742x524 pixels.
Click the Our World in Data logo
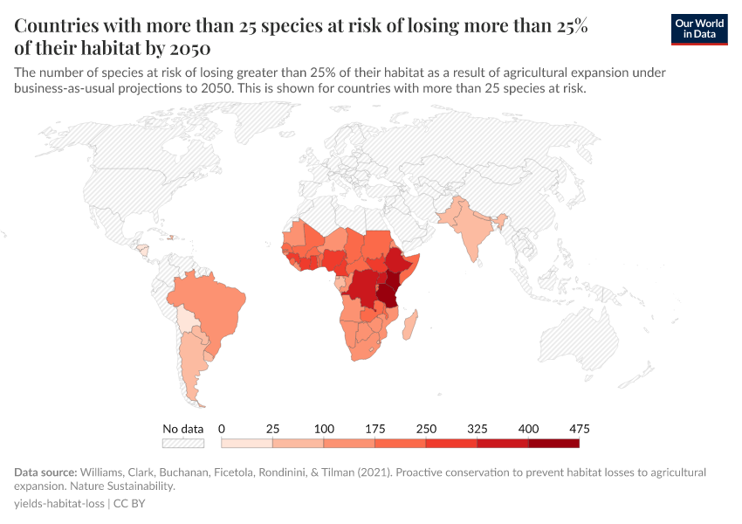[x=699, y=29]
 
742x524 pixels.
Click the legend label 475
[x=579, y=429]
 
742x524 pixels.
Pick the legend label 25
[x=272, y=429]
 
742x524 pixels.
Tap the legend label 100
[x=324, y=429]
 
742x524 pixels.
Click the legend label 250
[x=426, y=429]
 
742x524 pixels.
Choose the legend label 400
[x=528, y=429]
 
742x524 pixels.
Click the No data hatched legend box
[x=182, y=443]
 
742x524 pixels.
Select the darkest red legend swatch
[x=553, y=443]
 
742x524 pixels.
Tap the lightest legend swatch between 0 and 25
[x=247, y=443]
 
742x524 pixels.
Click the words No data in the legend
[x=182, y=429]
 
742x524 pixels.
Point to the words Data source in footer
[x=45, y=472]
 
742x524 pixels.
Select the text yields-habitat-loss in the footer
[x=59, y=504]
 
